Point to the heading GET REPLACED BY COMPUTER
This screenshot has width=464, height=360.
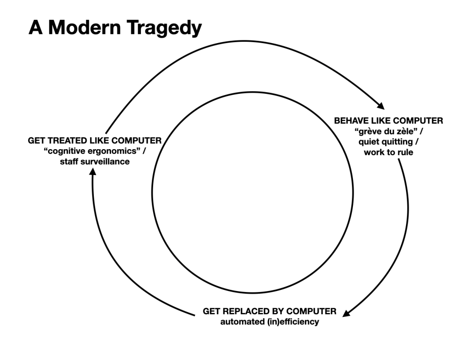click(270, 312)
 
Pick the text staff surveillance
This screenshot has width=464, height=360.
click(95, 162)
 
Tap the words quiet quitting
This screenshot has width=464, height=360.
click(388, 142)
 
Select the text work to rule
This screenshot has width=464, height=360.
click(388, 152)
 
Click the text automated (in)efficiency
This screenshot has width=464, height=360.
click(270, 322)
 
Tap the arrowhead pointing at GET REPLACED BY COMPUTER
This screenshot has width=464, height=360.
click(346, 313)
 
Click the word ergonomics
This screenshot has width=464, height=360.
click(111, 151)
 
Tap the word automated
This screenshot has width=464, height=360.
click(240, 322)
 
